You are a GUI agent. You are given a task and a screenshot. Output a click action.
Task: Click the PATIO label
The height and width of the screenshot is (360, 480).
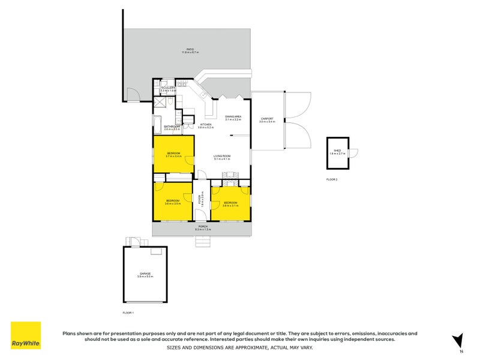pyautogui.click(x=190, y=50)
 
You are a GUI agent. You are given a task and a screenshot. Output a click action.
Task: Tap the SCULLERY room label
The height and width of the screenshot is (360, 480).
pyautogui.click(x=168, y=88)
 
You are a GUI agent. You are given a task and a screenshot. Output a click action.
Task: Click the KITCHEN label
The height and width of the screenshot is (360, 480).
pyautogui.click(x=206, y=125)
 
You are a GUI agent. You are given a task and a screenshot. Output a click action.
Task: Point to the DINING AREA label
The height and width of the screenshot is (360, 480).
pyautogui.click(x=233, y=118)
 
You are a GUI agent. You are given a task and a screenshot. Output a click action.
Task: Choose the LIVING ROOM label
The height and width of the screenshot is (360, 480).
pyautogui.click(x=222, y=157)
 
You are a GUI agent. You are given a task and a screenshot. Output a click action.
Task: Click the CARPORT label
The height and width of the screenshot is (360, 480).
pyautogui.click(x=267, y=119)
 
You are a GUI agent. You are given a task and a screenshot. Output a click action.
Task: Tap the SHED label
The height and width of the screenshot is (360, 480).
pyautogui.click(x=337, y=152)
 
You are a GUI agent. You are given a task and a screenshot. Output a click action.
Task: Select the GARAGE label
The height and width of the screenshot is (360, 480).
pyautogui.click(x=145, y=275)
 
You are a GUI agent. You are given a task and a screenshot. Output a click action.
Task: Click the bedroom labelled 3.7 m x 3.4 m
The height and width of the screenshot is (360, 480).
pyautogui.click(x=173, y=155)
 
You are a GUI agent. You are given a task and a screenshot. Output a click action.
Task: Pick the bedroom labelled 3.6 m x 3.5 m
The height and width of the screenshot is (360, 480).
pyautogui.click(x=173, y=202)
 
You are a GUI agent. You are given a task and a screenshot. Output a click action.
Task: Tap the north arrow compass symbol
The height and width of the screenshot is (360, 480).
pyautogui.click(x=458, y=340)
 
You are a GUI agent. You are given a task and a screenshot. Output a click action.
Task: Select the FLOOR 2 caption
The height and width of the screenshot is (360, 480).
pyautogui.click(x=332, y=179)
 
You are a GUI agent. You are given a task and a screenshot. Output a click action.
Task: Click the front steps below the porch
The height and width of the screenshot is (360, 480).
pyautogui.click(x=204, y=242)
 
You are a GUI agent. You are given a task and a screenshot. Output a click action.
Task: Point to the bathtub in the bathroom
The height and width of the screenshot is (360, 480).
pyautogui.click(x=157, y=127)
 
